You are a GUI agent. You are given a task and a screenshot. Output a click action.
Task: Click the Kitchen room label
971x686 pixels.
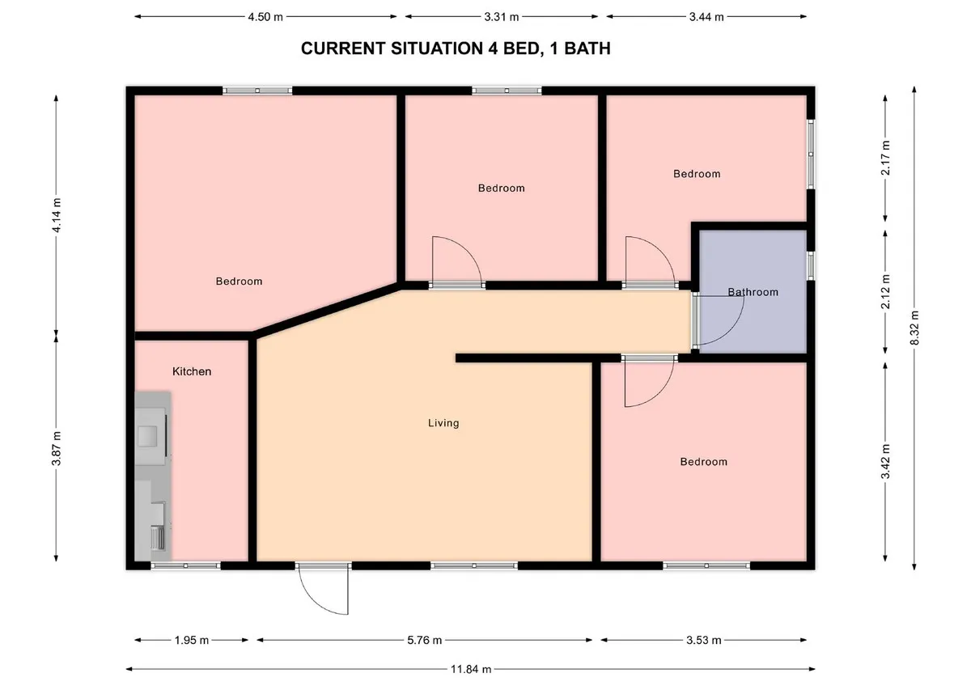(x=192, y=371)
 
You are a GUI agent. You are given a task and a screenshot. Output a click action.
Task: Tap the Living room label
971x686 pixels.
(x=443, y=423)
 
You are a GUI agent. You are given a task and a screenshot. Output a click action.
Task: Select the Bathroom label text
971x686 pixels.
(x=753, y=292)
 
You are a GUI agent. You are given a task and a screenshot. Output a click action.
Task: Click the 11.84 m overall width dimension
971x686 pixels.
(x=471, y=670)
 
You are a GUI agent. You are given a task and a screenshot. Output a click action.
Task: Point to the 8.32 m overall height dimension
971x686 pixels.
(x=914, y=328)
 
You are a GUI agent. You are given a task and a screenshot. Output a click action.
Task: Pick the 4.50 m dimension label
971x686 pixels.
(x=265, y=17)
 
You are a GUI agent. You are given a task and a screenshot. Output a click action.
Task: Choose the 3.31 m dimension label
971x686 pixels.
(x=502, y=17)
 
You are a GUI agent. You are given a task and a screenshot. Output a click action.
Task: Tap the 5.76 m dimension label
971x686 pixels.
(x=424, y=640)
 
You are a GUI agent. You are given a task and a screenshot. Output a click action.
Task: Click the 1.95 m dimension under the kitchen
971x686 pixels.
(x=192, y=640)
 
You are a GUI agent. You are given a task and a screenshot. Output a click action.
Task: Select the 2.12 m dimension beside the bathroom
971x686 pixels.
(x=885, y=292)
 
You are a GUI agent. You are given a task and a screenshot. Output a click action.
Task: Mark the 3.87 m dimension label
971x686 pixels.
(x=57, y=448)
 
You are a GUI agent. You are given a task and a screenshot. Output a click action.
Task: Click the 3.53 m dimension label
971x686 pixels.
(x=703, y=640)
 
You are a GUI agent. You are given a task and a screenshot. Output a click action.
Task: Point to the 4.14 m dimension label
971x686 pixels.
(x=57, y=215)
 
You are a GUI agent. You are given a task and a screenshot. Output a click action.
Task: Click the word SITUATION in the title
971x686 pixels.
(x=438, y=48)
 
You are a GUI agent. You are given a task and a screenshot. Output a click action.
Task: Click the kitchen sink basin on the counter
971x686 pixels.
(x=147, y=436)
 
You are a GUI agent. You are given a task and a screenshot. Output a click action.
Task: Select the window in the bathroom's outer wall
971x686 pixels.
(x=811, y=265)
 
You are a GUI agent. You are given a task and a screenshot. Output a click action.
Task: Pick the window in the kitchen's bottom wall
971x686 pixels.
(x=185, y=565)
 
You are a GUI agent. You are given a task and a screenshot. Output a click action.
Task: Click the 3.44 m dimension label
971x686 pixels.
(x=706, y=17)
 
